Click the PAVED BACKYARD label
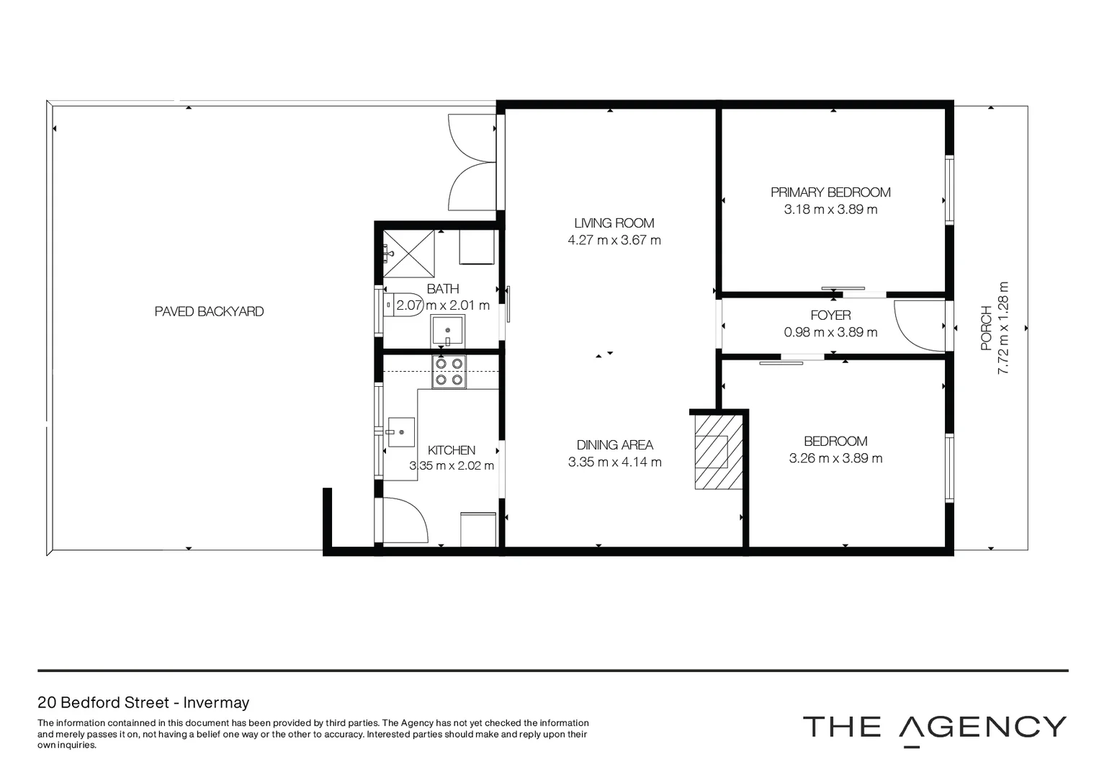coord(209,311)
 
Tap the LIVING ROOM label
coord(614,223)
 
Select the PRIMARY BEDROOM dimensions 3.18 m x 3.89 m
coord(830,210)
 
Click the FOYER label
coord(830,315)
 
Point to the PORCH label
coord(987,328)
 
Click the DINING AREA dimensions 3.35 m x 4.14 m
coord(614,462)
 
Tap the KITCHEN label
coord(452,450)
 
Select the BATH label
coord(442,289)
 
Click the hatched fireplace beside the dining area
coord(718,451)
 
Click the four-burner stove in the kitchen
coord(448,372)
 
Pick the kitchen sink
coord(401,432)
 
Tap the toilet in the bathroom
coord(403,305)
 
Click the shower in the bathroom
coord(409,253)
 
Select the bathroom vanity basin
coord(447,331)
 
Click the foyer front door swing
coord(918,325)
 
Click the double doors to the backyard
coord(472,163)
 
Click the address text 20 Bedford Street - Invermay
coord(143,702)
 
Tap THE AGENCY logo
coord(934,728)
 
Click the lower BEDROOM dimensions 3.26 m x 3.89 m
coord(835,458)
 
